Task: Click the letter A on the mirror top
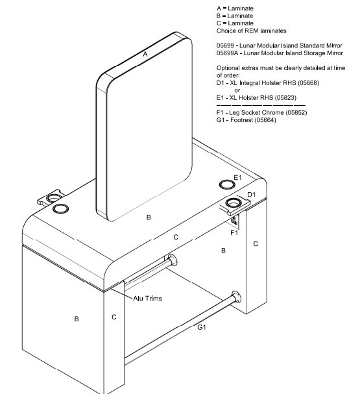pyautogui.click(x=145, y=54)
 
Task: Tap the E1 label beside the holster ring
pyautogui.click(x=237, y=178)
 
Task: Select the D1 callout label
pyautogui.click(x=251, y=195)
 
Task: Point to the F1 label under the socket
pyautogui.click(x=234, y=233)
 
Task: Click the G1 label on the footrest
pyautogui.click(x=202, y=327)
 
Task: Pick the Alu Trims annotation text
pyautogui.click(x=147, y=299)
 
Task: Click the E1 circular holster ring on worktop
pyautogui.click(x=227, y=185)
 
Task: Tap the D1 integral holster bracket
pyautogui.click(x=235, y=205)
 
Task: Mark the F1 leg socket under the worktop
pyautogui.click(x=235, y=221)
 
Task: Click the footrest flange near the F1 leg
pyautogui.click(x=236, y=297)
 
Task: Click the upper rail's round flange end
pyautogui.click(x=173, y=260)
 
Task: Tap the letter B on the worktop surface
pyautogui.click(x=149, y=217)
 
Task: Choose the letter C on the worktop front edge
pyautogui.click(x=176, y=237)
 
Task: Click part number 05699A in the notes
pyautogui.click(x=227, y=53)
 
